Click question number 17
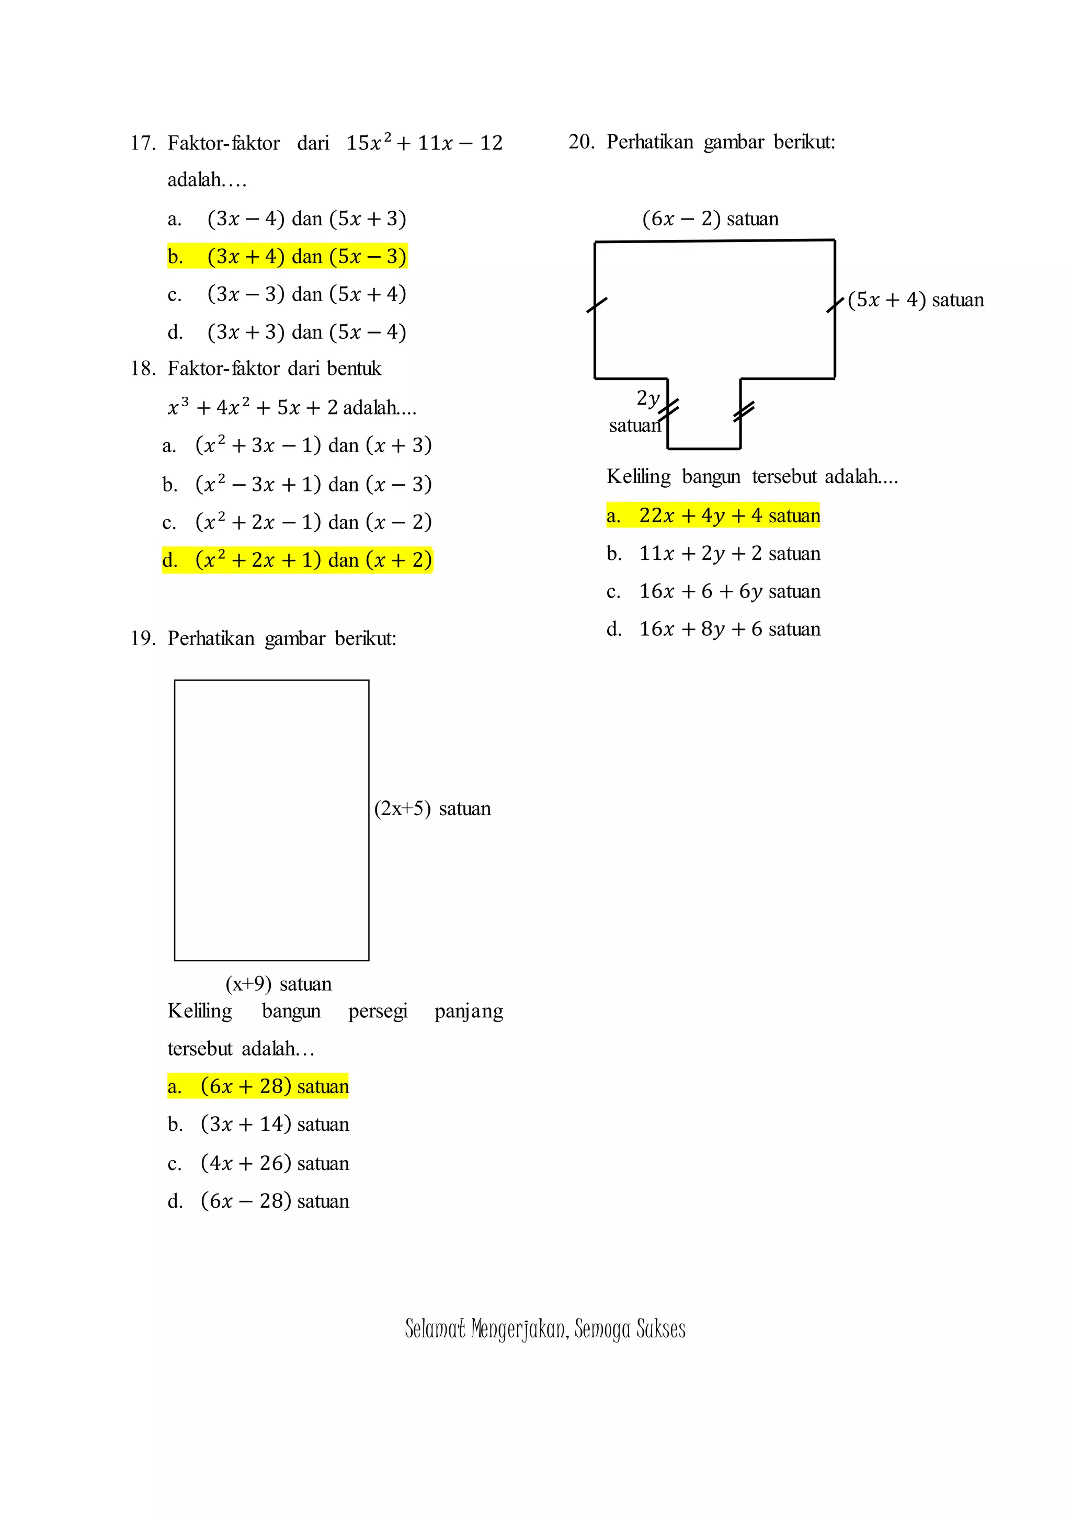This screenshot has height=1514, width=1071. pyautogui.click(x=142, y=143)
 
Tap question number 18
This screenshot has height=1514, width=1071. pyautogui.click(x=142, y=368)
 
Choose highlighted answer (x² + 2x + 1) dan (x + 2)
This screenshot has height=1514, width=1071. pyautogui.click(x=298, y=560)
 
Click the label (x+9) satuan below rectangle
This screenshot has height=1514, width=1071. pyautogui.click(x=278, y=984)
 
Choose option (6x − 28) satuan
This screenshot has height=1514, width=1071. pyautogui.click(x=258, y=1201)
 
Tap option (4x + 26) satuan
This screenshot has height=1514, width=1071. pyautogui.click(x=258, y=1163)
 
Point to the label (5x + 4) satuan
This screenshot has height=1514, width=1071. pyautogui.click(x=915, y=300)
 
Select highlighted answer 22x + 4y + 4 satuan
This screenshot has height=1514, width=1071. pyautogui.click(x=713, y=515)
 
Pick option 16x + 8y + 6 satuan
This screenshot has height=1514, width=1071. pyautogui.click(x=713, y=629)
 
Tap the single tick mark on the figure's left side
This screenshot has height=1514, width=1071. pyautogui.click(x=596, y=305)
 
